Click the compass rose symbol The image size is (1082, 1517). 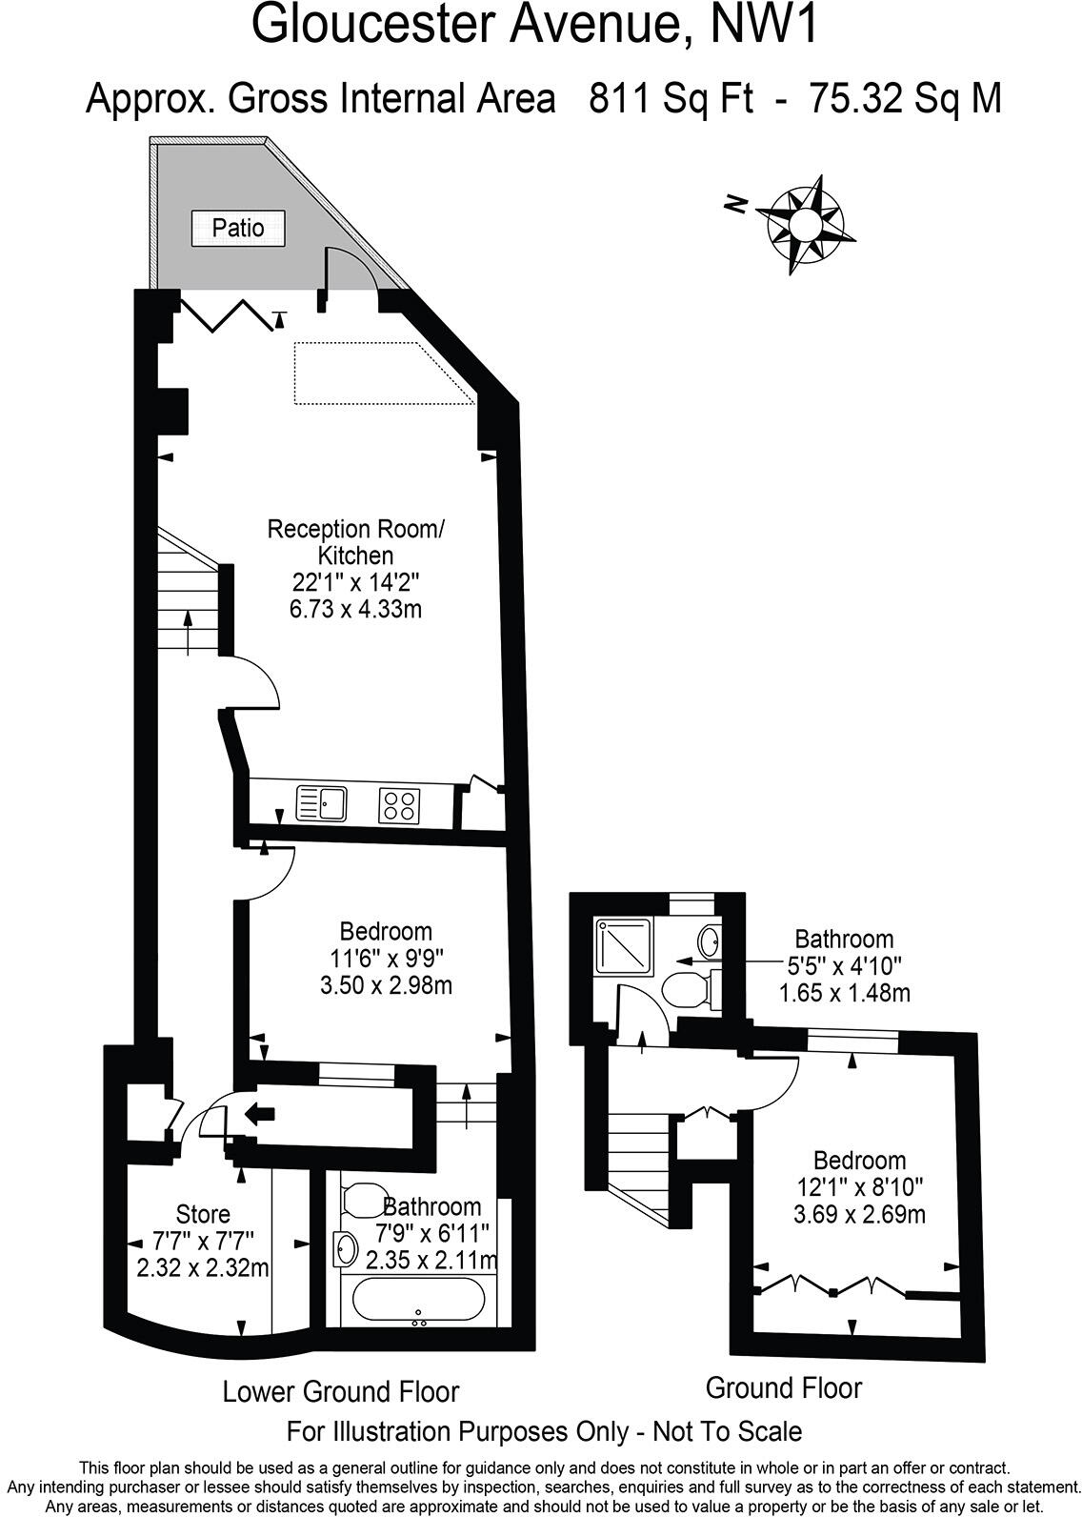point(804,225)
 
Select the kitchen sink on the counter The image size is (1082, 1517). point(321,802)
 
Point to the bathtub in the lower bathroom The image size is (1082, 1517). point(420,1298)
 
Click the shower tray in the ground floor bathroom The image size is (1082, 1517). point(623,946)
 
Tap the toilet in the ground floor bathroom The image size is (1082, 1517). point(684,989)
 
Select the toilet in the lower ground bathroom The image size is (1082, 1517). point(361,1198)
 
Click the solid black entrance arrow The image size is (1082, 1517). point(258,1111)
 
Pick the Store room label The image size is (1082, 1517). point(203,1214)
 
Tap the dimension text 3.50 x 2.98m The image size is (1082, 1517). point(386,984)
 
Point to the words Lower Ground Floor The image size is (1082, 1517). point(340,1391)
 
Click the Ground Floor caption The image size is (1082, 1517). point(783,1387)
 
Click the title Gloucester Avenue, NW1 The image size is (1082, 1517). point(534,26)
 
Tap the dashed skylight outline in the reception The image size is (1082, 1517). point(381,373)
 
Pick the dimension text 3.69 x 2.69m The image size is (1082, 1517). point(859,1214)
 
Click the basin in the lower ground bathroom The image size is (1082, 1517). point(345,1247)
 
